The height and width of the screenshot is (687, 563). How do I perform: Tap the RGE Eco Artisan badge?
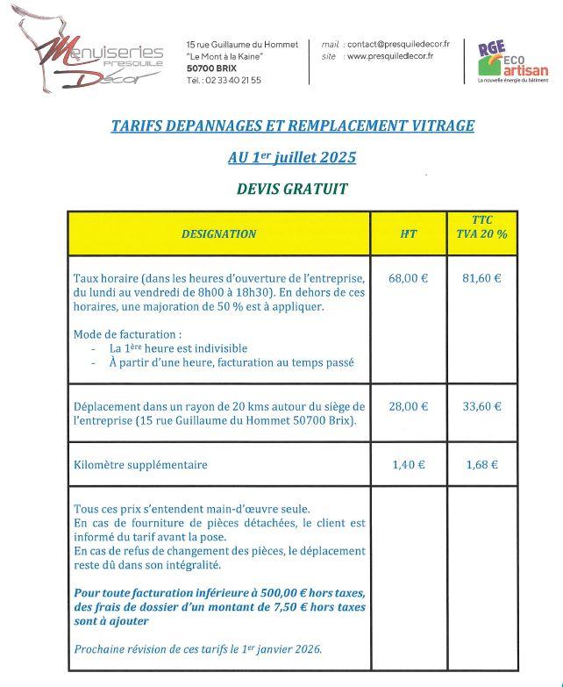click(512, 61)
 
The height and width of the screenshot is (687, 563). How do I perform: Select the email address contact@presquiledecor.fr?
click(398, 44)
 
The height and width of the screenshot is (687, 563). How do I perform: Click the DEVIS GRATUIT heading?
click(292, 189)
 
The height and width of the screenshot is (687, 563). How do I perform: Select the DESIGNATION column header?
click(218, 234)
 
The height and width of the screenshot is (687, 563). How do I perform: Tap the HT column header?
click(409, 234)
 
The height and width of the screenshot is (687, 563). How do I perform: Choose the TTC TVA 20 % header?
click(481, 227)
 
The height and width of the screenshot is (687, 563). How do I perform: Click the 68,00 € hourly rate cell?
click(409, 278)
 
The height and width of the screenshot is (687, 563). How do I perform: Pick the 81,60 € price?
click(481, 278)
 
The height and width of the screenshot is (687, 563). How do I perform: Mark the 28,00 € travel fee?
click(409, 406)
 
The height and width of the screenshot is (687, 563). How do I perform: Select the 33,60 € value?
click(481, 406)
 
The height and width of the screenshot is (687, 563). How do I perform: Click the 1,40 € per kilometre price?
click(409, 465)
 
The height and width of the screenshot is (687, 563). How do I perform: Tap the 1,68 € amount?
click(481, 465)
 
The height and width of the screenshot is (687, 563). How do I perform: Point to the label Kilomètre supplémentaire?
click(141, 465)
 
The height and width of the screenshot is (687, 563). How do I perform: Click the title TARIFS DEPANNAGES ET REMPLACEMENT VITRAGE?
click(292, 125)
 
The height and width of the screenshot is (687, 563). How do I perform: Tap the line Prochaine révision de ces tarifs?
click(198, 649)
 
